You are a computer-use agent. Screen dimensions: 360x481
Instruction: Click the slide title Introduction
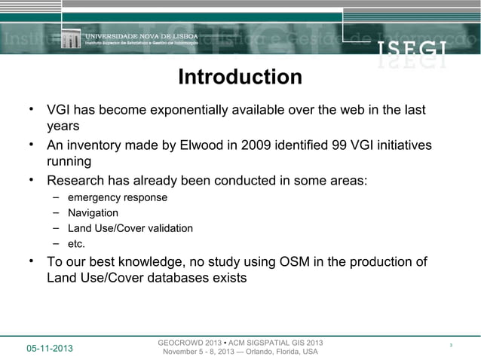pyautogui.click(x=240, y=78)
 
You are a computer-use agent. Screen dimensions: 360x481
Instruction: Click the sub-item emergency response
pyautogui.click(x=118, y=197)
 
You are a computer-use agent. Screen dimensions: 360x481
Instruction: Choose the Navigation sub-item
pyautogui.click(x=93, y=213)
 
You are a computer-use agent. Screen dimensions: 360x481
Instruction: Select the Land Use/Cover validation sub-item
pyautogui.click(x=130, y=228)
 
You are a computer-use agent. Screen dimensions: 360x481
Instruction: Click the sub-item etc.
pyautogui.click(x=76, y=243)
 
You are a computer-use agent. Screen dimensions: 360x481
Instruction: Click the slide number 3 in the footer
pyautogui.click(x=450, y=346)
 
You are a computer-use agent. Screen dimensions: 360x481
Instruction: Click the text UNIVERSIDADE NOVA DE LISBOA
pyautogui.click(x=140, y=35)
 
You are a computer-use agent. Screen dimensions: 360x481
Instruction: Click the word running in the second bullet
pyautogui.click(x=69, y=161)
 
